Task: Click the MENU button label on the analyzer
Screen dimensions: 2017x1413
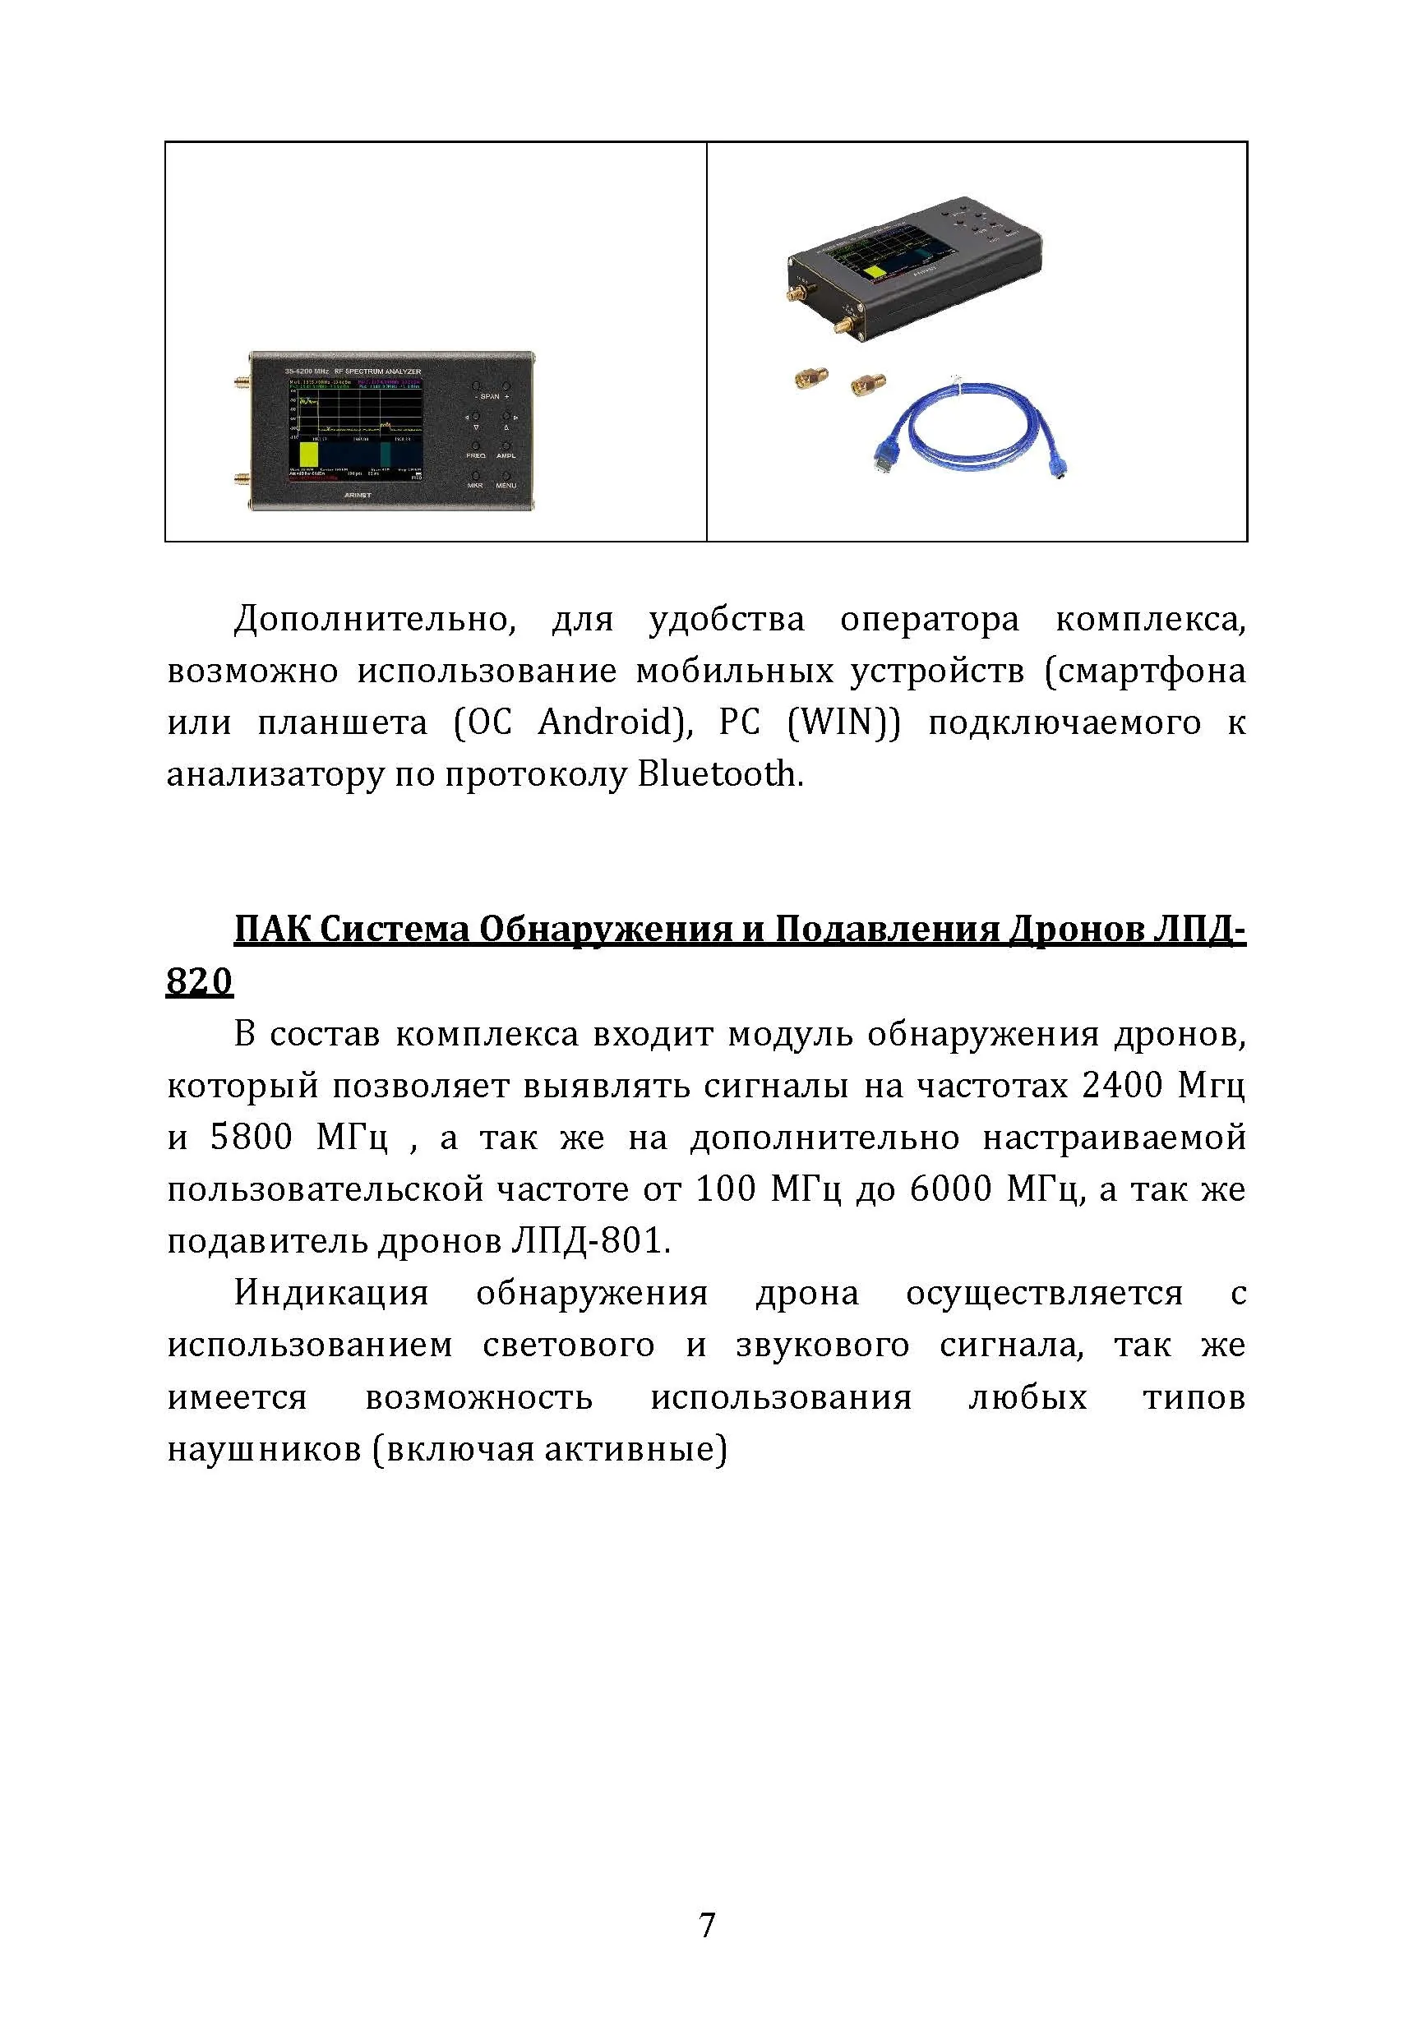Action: click(506, 485)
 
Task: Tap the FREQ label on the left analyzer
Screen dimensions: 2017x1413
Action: click(475, 455)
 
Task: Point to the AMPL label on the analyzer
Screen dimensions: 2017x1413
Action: click(506, 455)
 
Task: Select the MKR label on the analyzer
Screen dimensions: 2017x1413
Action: click(474, 485)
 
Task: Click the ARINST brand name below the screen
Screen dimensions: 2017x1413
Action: click(358, 495)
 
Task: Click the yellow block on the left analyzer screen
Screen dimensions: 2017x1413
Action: click(308, 454)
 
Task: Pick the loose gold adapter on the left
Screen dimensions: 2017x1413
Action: click(806, 379)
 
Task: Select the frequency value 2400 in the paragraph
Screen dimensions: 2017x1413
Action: click(1121, 1086)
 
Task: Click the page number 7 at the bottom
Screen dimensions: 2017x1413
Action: click(707, 1925)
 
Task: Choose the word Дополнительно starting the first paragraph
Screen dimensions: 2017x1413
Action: click(372, 621)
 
